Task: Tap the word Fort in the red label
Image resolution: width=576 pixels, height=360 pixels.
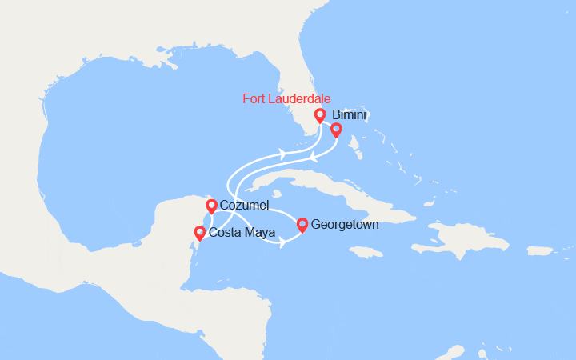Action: click(x=254, y=99)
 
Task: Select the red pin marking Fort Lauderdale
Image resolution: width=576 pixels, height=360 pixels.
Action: click(x=320, y=115)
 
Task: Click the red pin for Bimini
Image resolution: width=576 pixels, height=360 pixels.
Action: click(x=336, y=130)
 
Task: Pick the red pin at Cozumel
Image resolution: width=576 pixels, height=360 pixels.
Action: click(x=211, y=206)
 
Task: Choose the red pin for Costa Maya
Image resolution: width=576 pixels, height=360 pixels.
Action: click(x=199, y=233)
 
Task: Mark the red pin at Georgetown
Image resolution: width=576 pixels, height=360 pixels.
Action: click(x=302, y=225)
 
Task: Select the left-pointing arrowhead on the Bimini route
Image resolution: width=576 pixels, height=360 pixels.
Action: click(x=314, y=158)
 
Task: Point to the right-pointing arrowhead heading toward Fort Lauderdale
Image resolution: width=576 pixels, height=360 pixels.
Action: click(x=284, y=152)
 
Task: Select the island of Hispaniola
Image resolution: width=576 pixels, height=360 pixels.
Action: click(x=472, y=238)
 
